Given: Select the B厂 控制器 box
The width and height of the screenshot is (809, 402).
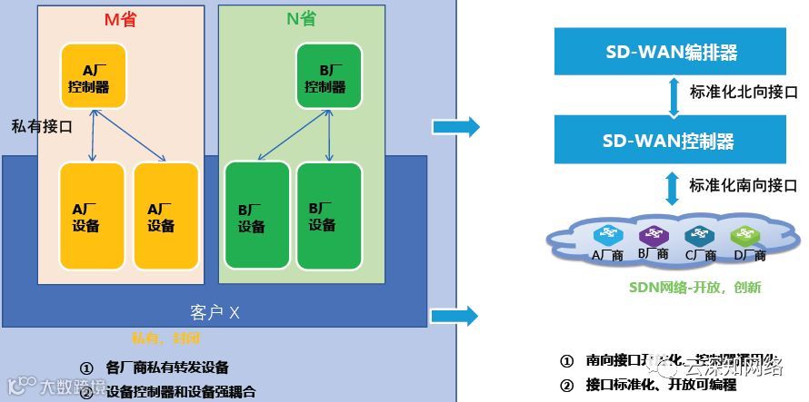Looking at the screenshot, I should pyautogui.click(x=328, y=77).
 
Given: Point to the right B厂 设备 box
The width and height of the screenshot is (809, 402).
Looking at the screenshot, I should pyautogui.click(x=329, y=215).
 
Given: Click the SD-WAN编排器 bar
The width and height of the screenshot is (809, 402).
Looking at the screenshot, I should pyautogui.click(x=671, y=50).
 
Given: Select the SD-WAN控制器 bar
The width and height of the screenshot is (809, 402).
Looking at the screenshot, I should pyautogui.click(x=671, y=140).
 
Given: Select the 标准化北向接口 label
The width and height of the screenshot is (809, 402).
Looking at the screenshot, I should pyautogui.click(x=743, y=93).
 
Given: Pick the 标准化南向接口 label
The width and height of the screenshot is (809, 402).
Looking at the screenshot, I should pyautogui.click(x=743, y=184).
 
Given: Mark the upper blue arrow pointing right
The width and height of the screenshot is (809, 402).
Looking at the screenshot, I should pyautogui.click(x=455, y=127).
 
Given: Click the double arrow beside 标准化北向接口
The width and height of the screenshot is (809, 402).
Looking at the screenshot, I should pyautogui.click(x=673, y=94).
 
